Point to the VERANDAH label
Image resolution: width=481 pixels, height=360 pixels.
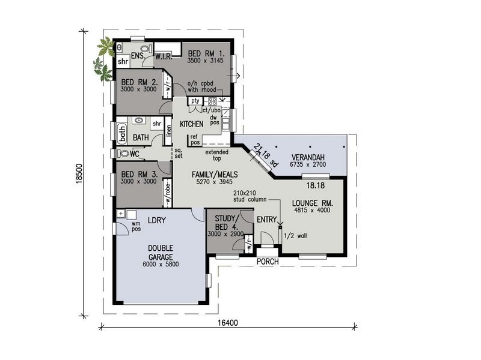308,157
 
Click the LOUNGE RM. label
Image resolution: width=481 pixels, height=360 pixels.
312,203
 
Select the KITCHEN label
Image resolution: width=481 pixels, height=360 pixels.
190,124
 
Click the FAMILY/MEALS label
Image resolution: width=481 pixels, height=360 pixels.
215,175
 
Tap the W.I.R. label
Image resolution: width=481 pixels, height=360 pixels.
164,56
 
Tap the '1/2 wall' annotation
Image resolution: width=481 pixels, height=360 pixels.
295,236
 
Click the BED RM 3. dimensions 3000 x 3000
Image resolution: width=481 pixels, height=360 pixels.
138,181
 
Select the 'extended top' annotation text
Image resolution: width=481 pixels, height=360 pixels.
216,156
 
